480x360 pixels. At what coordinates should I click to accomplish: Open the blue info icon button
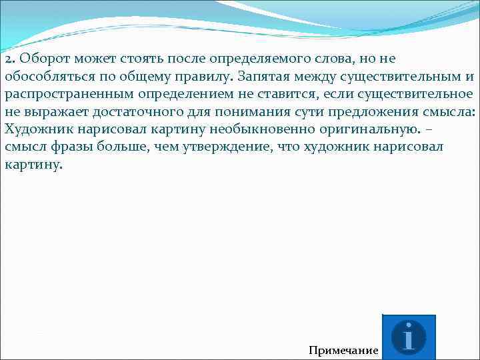point(409,337)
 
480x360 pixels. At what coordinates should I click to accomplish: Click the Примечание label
point(343,351)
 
